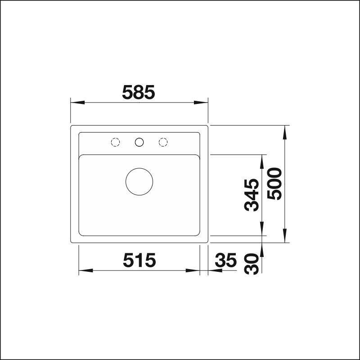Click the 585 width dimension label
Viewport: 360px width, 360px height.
coord(139,92)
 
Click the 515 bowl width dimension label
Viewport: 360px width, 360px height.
coord(139,260)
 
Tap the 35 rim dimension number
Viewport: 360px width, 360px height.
coord(225,260)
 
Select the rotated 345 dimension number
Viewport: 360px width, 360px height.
coord(252,195)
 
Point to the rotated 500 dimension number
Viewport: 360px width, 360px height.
coord(274,184)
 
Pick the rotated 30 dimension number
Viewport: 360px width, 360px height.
coord(252,264)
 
